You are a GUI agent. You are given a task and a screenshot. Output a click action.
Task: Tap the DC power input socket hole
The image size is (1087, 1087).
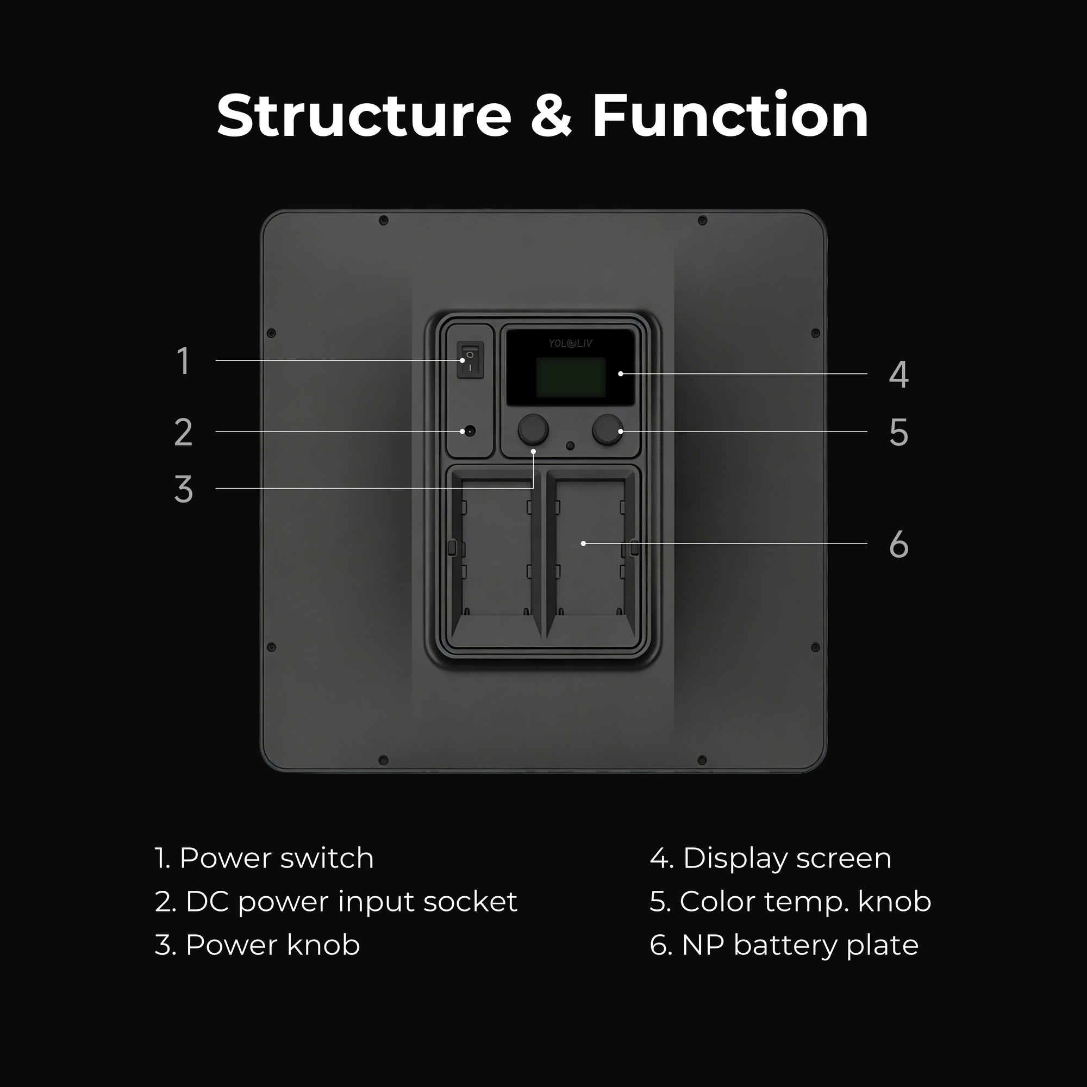click(x=468, y=432)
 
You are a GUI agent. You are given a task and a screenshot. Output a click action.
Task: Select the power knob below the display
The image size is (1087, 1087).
click(x=532, y=430)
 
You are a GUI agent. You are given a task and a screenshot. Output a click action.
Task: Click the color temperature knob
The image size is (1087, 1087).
click(x=608, y=430)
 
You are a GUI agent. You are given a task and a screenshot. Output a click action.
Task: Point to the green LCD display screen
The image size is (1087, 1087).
click(x=571, y=377)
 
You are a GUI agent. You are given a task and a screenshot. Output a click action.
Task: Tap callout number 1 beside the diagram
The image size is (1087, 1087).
click(x=183, y=361)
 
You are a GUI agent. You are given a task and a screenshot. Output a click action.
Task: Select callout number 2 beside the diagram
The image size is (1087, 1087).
click(x=183, y=432)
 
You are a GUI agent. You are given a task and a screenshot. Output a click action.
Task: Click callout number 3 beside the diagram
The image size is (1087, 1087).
click(x=183, y=489)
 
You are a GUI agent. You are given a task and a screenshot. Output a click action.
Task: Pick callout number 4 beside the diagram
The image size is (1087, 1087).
click(x=898, y=374)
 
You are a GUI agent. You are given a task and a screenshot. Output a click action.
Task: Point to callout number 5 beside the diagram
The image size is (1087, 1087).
click(x=898, y=432)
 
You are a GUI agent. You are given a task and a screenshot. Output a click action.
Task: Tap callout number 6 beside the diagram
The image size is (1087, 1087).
click(x=898, y=544)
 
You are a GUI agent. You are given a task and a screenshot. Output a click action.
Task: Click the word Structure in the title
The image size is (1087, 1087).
click(x=364, y=115)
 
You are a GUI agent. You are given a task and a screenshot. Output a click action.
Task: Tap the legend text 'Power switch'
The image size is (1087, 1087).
click(x=276, y=858)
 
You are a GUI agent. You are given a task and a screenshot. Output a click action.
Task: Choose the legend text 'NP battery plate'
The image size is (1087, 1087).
click(x=800, y=945)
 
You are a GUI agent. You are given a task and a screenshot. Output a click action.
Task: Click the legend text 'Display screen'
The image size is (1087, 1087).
click(x=787, y=859)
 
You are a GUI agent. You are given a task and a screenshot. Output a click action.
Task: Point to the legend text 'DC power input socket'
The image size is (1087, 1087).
click(x=351, y=901)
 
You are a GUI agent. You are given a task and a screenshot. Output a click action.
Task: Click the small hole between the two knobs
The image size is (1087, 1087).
click(x=570, y=446)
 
